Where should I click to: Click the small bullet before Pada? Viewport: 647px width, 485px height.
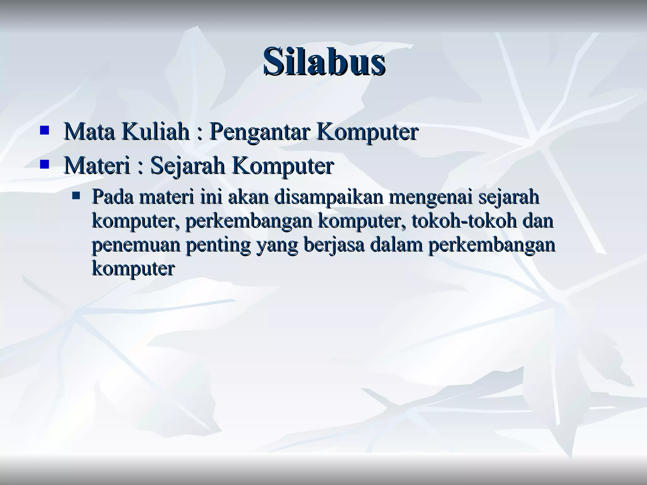coord(76,196)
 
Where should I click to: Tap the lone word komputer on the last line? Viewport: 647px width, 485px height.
coord(133,269)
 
